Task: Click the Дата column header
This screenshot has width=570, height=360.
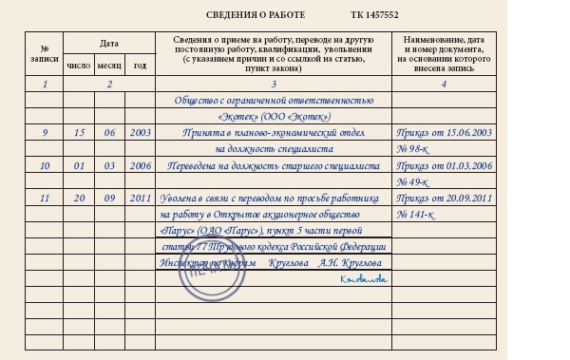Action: coord(109,44)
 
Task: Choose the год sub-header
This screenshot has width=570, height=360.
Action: coord(140,66)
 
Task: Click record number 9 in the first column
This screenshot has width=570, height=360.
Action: coord(45,133)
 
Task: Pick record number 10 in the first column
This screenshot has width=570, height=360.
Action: coord(45,166)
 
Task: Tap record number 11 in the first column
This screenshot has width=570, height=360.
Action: coord(45,199)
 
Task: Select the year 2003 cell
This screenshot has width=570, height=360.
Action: coord(140,133)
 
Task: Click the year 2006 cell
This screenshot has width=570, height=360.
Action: coord(140,166)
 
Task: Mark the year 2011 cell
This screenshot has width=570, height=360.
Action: coord(140,199)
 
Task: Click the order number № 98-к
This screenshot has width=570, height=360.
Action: coord(415,149)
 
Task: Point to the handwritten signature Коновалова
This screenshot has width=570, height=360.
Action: coord(365,253)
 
